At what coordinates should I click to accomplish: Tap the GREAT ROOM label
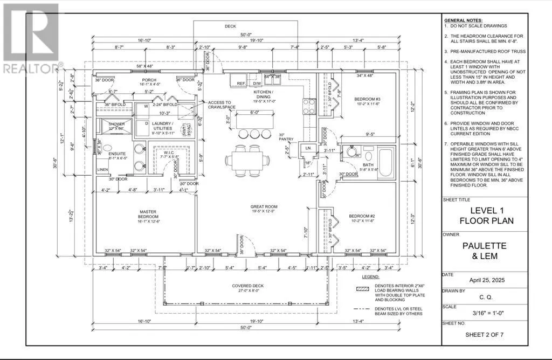(x=264, y=207)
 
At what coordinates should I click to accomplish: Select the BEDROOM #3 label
(x=367, y=99)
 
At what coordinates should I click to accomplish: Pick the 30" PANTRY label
(x=286, y=136)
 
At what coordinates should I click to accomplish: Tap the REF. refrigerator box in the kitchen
(x=241, y=84)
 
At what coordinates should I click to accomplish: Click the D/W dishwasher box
(x=257, y=84)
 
